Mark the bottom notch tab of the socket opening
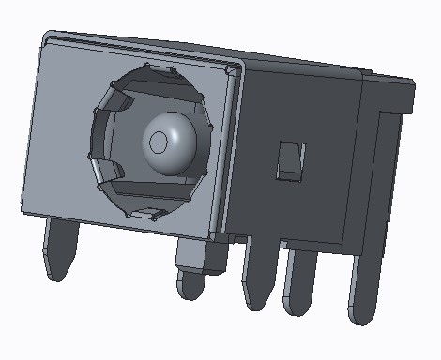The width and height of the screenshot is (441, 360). point(145,211)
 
